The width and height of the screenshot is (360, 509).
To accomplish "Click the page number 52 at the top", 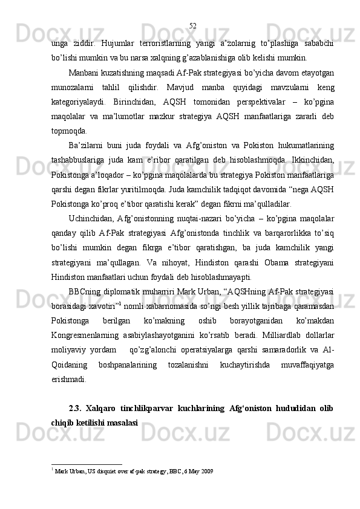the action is pos(192,25).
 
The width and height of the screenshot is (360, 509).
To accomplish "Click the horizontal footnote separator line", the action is pos(87,465).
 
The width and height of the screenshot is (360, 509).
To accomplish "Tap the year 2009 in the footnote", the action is pos(208,470).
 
